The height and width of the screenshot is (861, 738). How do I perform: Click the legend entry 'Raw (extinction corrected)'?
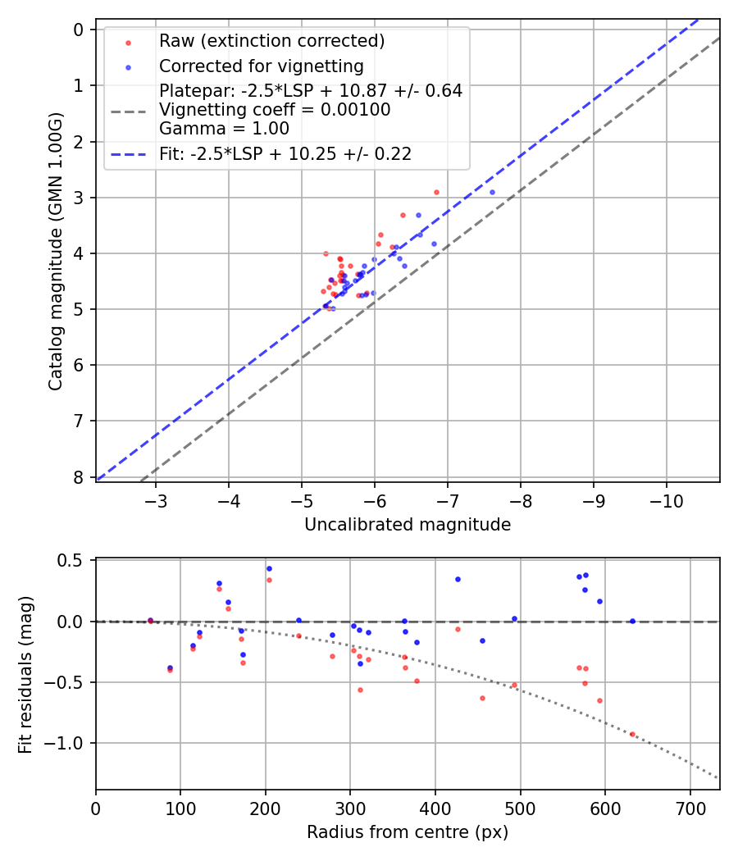[271, 41]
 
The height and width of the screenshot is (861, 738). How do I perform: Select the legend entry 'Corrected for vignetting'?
[261, 66]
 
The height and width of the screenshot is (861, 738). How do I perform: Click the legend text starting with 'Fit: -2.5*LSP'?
[285, 153]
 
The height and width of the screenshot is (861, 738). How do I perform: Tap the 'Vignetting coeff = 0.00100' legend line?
[275, 110]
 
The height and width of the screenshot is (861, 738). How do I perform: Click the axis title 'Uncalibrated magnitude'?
[408, 525]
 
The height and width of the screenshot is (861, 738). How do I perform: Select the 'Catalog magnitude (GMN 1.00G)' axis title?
[55, 250]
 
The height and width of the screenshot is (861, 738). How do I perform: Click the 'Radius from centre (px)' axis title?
[408, 832]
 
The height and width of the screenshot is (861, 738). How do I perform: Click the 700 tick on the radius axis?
[690, 809]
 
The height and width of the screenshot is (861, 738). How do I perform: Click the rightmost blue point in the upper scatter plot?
[492, 192]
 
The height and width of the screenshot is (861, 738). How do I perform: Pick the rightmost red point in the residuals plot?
[632, 734]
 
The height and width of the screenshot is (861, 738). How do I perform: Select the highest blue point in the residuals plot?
[269, 568]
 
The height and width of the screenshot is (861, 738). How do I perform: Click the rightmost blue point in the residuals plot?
[632, 621]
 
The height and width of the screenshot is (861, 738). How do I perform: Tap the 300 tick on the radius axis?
[350, 809]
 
